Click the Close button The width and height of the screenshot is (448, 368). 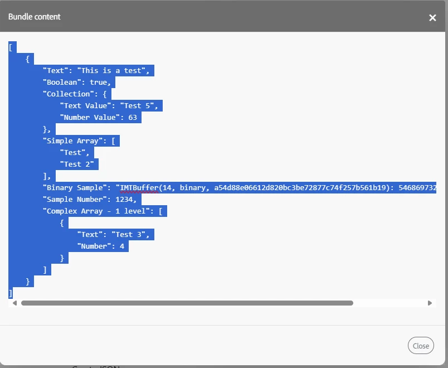point(421,345)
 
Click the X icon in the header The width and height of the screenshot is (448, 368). point(432,18)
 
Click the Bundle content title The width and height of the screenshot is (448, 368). point(35,17)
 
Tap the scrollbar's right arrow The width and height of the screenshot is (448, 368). point(430,303)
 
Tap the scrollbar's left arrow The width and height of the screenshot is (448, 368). point(14,303)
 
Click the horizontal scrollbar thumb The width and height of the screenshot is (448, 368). point(187,303)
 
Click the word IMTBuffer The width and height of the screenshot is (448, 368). point(139,187)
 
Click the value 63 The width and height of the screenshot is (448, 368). point(133,117)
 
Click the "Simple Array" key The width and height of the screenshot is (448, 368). point(72,141)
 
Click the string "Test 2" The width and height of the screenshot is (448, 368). point(77,164)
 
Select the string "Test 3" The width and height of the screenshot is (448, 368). point(128,235)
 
